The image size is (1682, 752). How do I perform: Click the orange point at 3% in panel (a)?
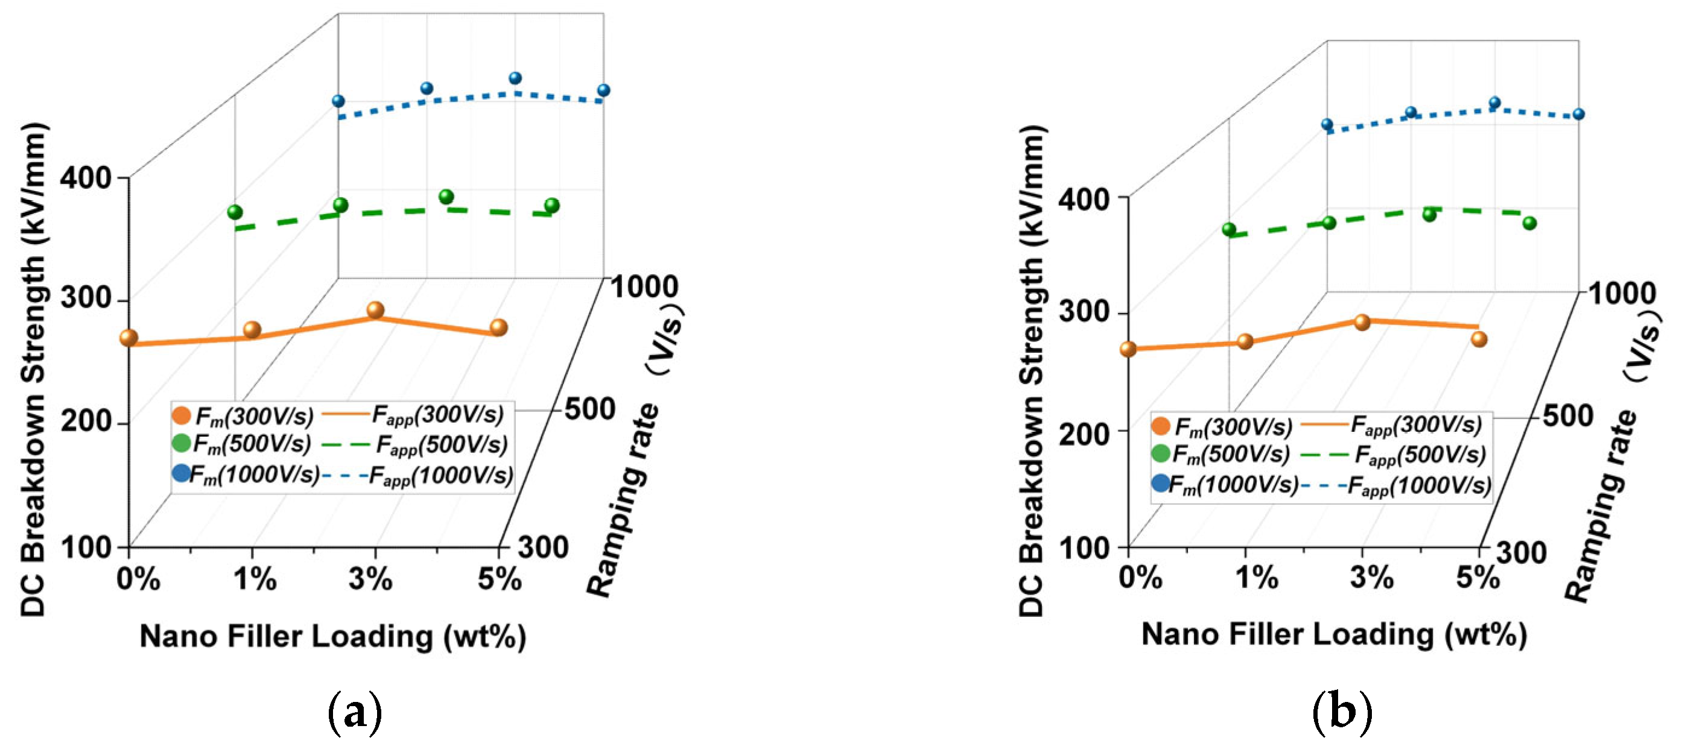click(x=375, y=310)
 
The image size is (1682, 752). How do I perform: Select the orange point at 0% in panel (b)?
click(x=1128, y=349)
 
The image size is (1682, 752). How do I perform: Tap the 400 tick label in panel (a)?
click(x=85, y=177)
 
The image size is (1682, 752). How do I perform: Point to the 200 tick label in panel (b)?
click(x=1084, y=432)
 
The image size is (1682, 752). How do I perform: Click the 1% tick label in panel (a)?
click(x=255, y=579)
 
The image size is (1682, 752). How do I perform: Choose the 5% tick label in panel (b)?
click(x=1477, y=577)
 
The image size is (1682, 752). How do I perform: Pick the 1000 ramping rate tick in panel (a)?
click(x=644, y=287)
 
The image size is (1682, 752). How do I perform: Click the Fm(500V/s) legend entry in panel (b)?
click(x=1221, y=454)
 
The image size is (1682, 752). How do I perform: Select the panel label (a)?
click(x=355, y=713)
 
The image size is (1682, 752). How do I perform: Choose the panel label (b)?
click(x=1342, y=713)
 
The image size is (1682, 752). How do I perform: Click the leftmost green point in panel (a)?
click(x=235, y=212)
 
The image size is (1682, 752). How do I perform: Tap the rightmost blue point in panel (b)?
click(x=1579, y=114)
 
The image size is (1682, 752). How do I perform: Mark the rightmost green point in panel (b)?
click(x=1529, y=223)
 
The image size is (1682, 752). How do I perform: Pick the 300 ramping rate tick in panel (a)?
click(x=543, y=547)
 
